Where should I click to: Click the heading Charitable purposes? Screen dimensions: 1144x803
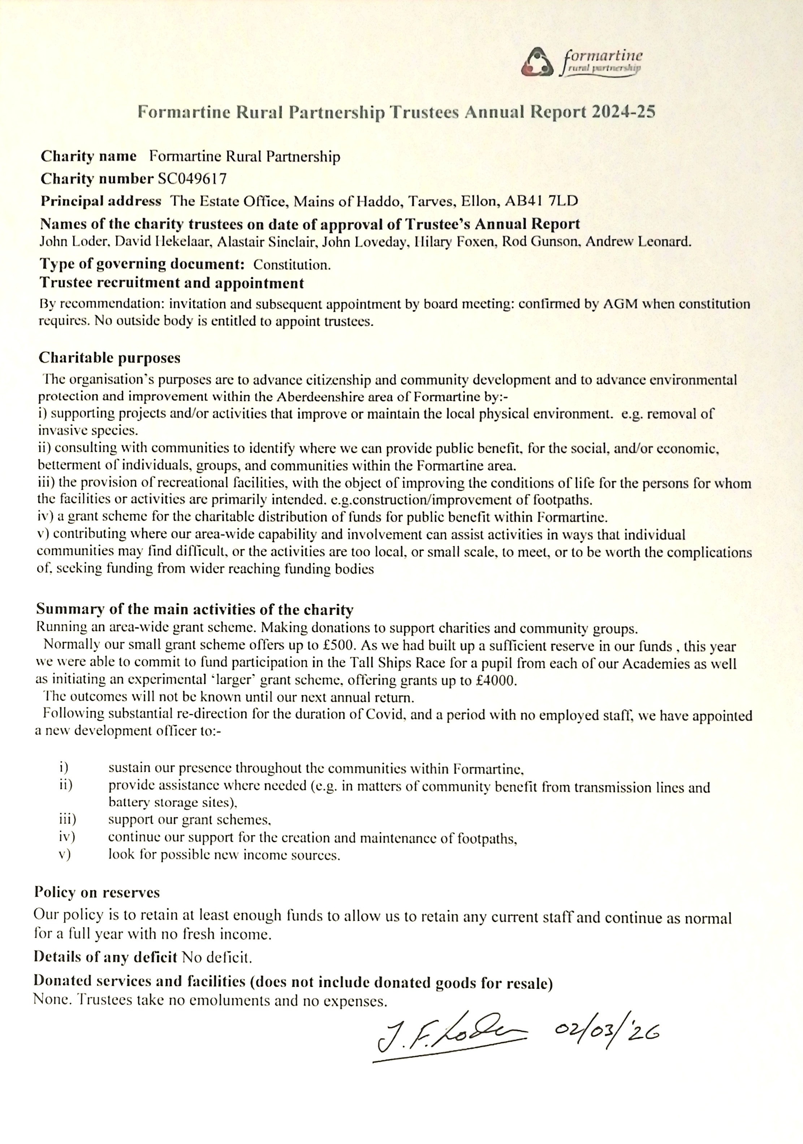coord(110,358)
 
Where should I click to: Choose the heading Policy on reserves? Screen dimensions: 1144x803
coord(97,892)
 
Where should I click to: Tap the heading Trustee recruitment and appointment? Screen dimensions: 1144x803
coord(172,283)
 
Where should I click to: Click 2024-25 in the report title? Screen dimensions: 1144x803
coord(623,112)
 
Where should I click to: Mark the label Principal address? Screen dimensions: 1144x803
coord(101,201)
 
